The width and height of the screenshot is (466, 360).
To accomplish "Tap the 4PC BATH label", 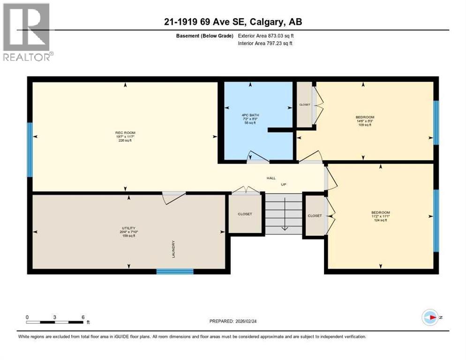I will (254, 118).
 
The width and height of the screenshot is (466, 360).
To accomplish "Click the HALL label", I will (271, 178).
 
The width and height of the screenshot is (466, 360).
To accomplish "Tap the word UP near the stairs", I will (283, 185).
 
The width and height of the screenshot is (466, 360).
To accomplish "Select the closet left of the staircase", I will (245, 214).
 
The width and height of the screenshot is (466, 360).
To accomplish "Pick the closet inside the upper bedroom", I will (305, 105).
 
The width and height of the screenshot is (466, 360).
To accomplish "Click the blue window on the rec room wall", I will (30, 150).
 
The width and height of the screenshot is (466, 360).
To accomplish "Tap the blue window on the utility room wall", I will (175, 271).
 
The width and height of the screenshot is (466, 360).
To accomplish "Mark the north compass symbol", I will (429, 317).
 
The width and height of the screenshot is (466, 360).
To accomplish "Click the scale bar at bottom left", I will (55, 322).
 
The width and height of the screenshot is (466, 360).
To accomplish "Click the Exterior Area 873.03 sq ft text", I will (266, 36).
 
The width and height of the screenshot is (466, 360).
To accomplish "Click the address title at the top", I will (233, 22).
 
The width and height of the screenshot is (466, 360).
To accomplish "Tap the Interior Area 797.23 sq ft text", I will (265, 44).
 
